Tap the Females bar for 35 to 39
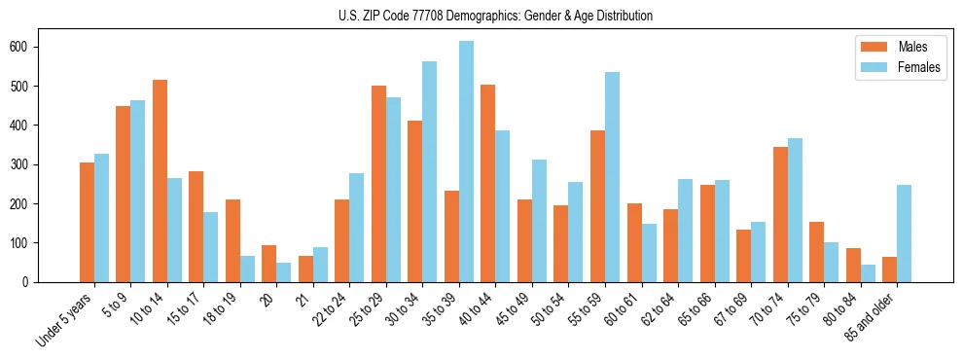pyautogui.click(x=466, y=162)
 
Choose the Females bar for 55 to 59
pyautogui.click(x=612, y=177)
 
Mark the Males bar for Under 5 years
pyautogui.click(x=87, y=222)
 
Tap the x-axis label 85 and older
pyautogui.click(x=871, y=316)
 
